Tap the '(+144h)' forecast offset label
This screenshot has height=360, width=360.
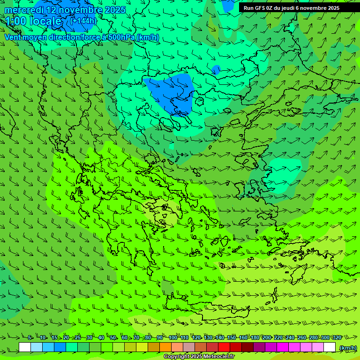click(83, 21)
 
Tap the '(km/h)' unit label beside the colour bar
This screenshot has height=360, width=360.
click(348, 347)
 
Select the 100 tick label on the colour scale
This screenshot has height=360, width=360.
click(172, 337)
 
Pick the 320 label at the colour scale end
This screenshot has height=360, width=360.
click(337, 337)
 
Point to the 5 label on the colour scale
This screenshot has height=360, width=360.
click(30, 337)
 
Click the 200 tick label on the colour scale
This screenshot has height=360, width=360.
click(266, 337)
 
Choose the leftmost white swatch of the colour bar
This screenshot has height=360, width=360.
click(25, 347)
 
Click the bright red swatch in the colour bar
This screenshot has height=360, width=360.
click(224, 347)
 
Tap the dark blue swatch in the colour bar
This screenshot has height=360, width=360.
click(60, 347)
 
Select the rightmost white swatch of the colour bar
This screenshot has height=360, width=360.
click(330, 347)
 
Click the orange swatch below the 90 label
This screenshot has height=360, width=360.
click(165, 347)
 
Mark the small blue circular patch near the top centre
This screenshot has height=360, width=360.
click(216, 70)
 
